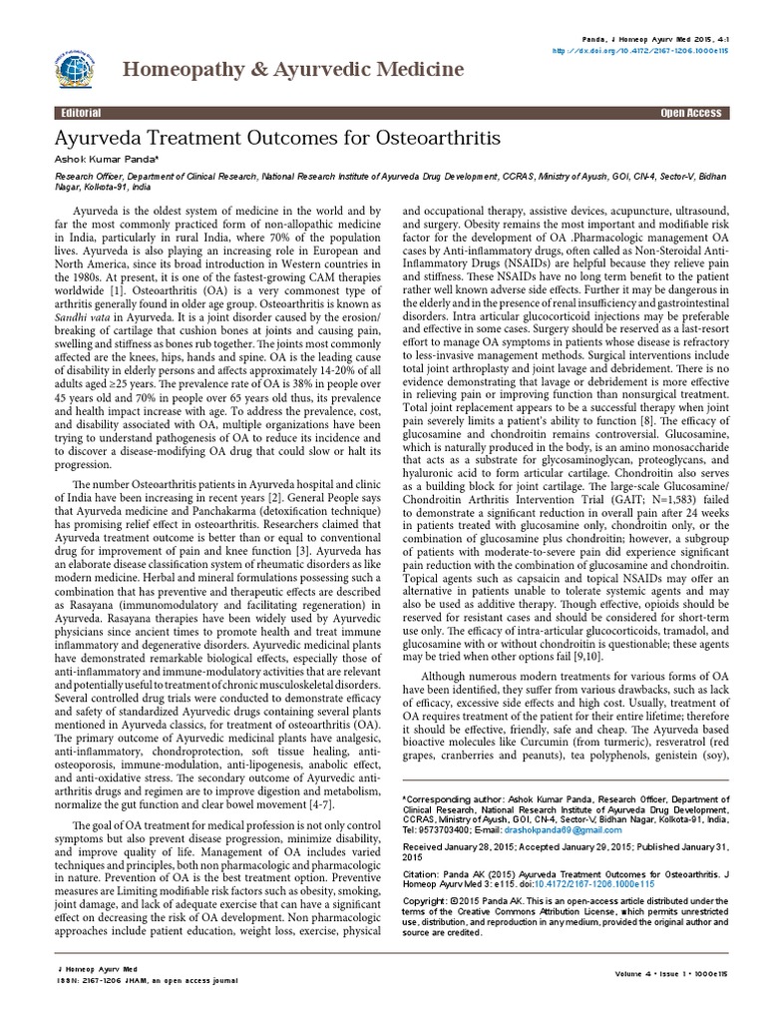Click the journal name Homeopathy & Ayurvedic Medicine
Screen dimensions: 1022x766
click(292, 69)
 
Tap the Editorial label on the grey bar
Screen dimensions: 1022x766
click(80, 114)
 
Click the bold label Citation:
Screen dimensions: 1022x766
click(419, 873)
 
